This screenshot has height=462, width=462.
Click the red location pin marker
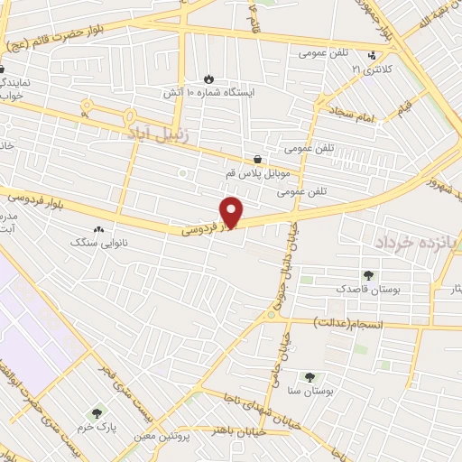pyautogui.click(x=234, y=212)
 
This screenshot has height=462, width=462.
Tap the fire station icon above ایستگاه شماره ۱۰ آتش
pyautogui.click(x=210, y=79)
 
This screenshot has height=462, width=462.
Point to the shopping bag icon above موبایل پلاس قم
pyautogui.click(x=260, y=159)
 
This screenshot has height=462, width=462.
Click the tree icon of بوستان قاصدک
pyautogui.click(x=367, y=275)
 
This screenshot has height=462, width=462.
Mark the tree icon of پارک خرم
pyautogui.click(x=97, y=413)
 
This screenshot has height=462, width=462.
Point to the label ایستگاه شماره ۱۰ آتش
pyautogui.click(x=209, y=93)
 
